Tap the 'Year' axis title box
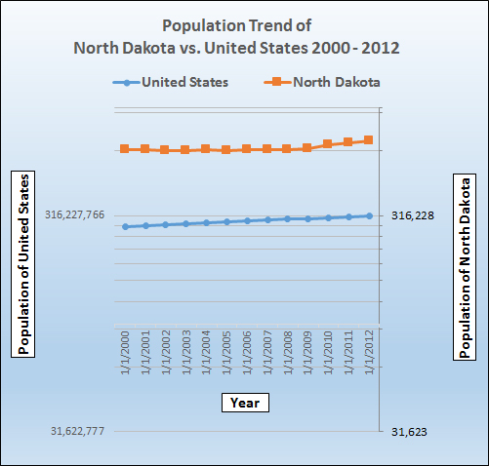243,402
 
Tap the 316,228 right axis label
411,215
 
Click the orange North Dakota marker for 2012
369,140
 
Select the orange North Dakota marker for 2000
125,149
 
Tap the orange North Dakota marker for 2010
328,144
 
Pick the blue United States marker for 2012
369,215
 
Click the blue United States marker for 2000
125,226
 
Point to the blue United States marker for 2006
247,220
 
